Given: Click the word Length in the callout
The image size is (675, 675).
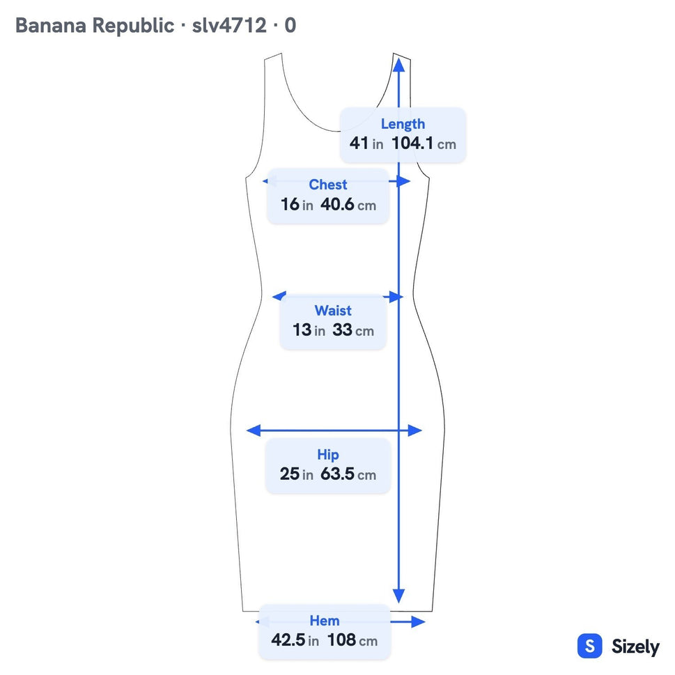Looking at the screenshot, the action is point(403,125).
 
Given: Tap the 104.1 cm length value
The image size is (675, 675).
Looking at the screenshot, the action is point(424,143).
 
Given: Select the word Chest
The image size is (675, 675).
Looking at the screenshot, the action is point(327,185).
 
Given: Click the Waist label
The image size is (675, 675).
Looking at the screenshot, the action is point(333,311).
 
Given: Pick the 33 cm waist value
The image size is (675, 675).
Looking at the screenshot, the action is point(353,330).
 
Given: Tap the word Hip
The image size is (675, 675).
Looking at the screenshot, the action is point(328,455).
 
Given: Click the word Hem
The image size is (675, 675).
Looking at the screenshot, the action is point(325,621).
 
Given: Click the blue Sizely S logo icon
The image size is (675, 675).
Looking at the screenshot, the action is point(590,646).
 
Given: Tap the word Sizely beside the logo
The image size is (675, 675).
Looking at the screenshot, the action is point(635,647).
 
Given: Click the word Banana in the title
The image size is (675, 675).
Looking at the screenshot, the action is point(51,25).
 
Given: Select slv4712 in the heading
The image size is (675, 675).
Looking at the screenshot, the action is point(229,25).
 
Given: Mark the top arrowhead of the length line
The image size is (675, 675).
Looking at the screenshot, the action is point(399,65).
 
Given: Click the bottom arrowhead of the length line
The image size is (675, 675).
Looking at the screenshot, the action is point(399,596).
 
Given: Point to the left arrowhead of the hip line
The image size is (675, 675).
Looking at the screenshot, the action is point(254,430).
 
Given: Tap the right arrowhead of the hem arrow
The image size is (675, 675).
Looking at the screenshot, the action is point(418,621).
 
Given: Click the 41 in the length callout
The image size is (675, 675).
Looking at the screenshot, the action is point(359,143).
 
